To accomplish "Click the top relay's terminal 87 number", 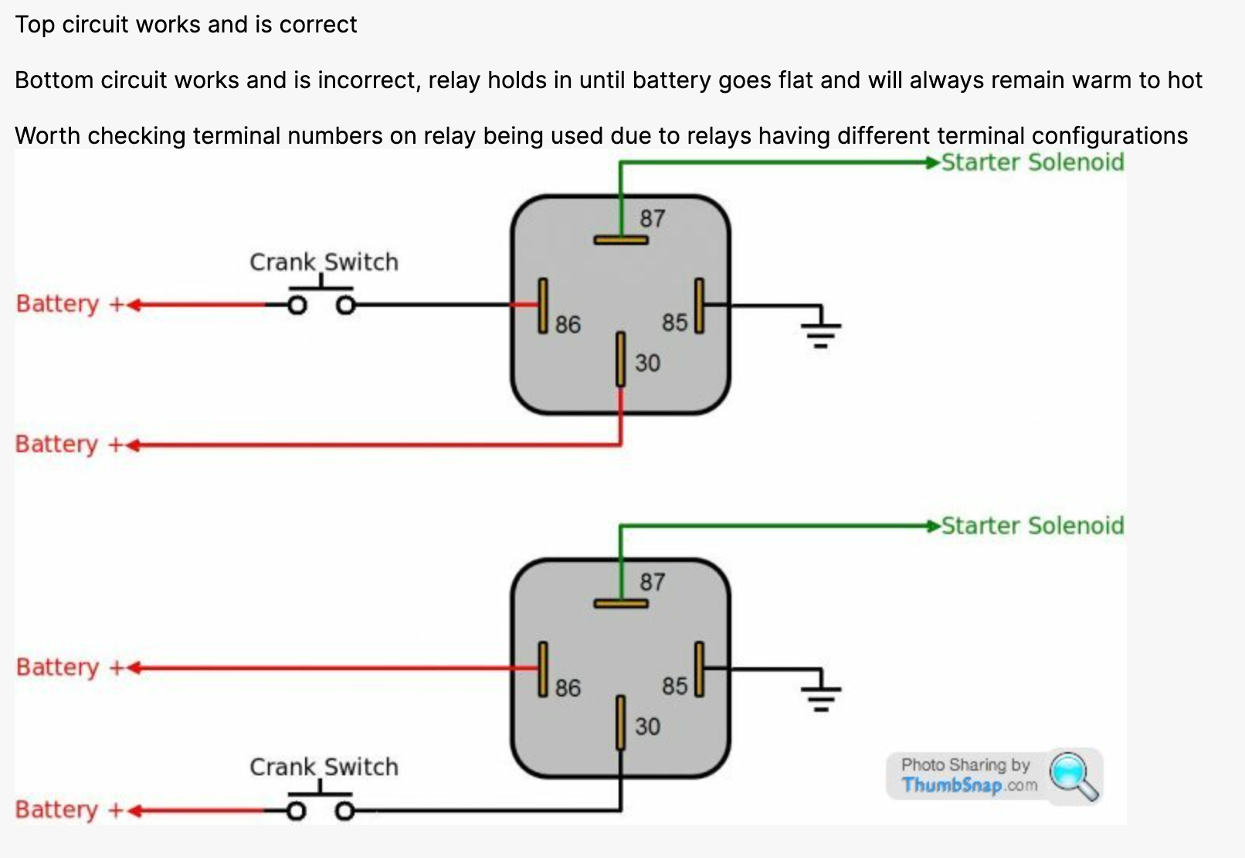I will click(652, 219).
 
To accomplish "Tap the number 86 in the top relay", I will click(568, 324).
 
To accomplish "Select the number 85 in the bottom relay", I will click(674, 686).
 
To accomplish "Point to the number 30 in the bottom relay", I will click(647, 727).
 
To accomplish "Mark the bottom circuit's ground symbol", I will click(820, 693).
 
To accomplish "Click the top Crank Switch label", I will click(324, 262).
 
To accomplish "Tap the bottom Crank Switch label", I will click(324, 767).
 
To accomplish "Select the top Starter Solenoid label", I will click(1032, 162).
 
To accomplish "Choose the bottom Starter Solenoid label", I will click(1032, 526).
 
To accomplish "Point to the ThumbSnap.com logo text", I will click(969, 785).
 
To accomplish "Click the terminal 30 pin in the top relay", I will click(620, 359).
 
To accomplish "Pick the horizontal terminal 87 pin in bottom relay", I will click(620, 604).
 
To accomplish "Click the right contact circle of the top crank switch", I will click(346, 305).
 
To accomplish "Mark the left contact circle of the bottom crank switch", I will click(296, 811).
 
